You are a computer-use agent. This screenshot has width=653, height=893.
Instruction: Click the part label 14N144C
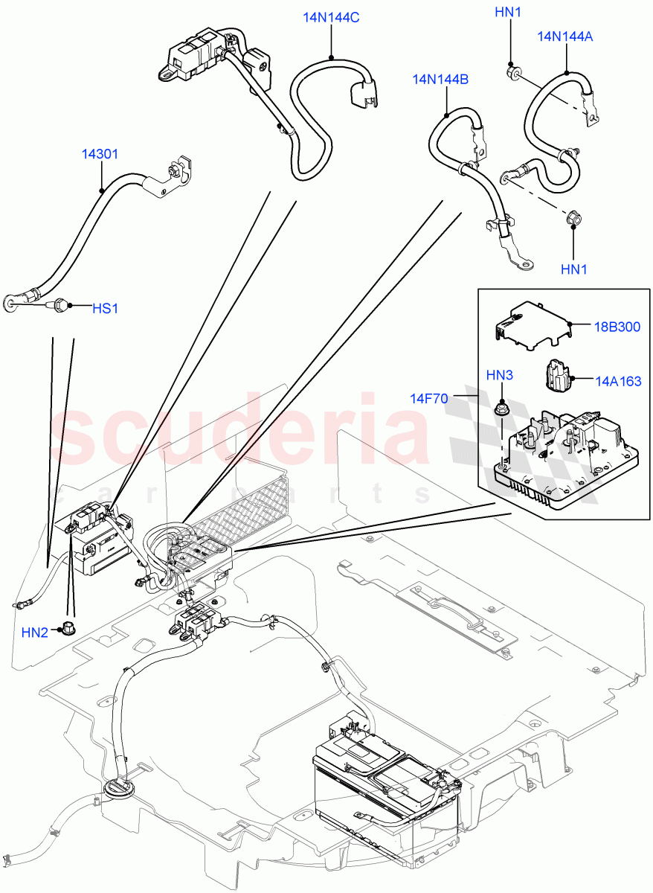point(331,17)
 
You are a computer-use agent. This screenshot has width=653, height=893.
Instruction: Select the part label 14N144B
point(440,79)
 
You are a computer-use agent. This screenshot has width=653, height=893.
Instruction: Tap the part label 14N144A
point(565,36)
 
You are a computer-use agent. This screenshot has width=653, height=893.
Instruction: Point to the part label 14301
point(100,155)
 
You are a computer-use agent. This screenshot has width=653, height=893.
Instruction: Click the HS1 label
point(105,308)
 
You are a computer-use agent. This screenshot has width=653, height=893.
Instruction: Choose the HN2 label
point(34,633)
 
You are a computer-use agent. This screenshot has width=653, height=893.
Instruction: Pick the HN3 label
point(500,375)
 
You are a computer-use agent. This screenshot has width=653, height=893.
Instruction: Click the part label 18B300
point(617,327)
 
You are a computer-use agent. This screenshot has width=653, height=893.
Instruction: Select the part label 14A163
point(617,380)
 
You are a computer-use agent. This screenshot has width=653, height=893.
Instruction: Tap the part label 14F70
point(428,398)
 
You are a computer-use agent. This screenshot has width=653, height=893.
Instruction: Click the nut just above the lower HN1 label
point(573,219)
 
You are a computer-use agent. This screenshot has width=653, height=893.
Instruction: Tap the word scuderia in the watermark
point(245,432)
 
